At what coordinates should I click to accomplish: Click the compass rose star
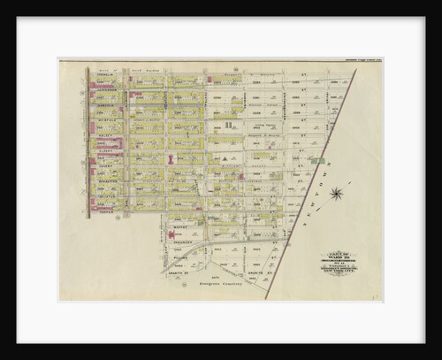[x=337, y=193]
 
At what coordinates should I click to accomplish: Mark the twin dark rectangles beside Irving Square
[x=227, y=126]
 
